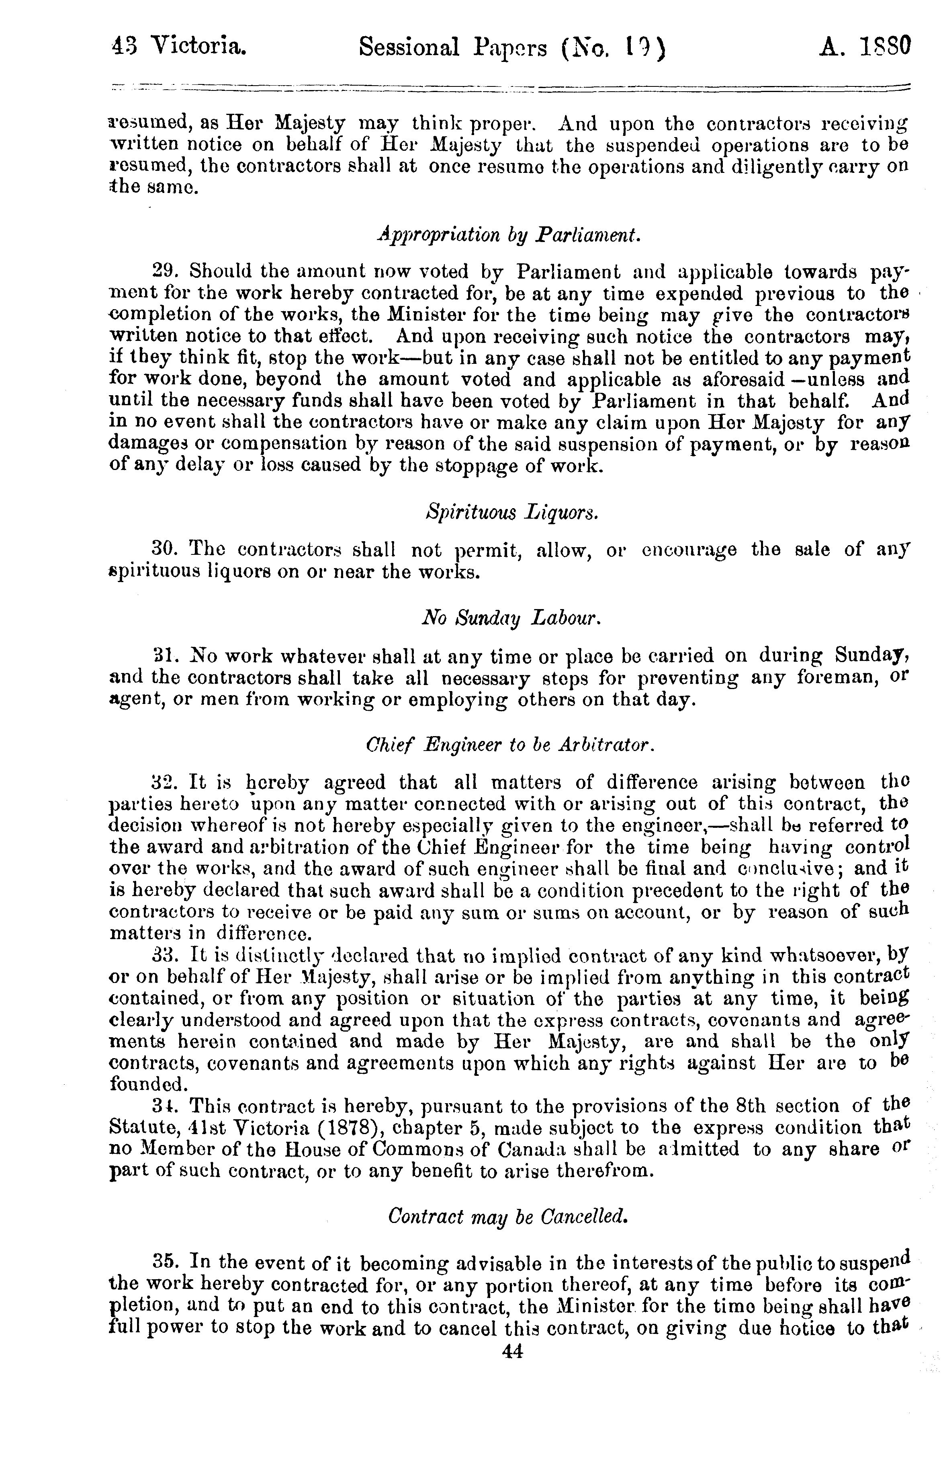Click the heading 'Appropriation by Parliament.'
(509, 235)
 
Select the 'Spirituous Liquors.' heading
(511, 512)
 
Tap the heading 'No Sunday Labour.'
(512, 619)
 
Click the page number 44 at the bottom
(512, 1352)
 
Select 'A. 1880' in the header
(864, 47)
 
